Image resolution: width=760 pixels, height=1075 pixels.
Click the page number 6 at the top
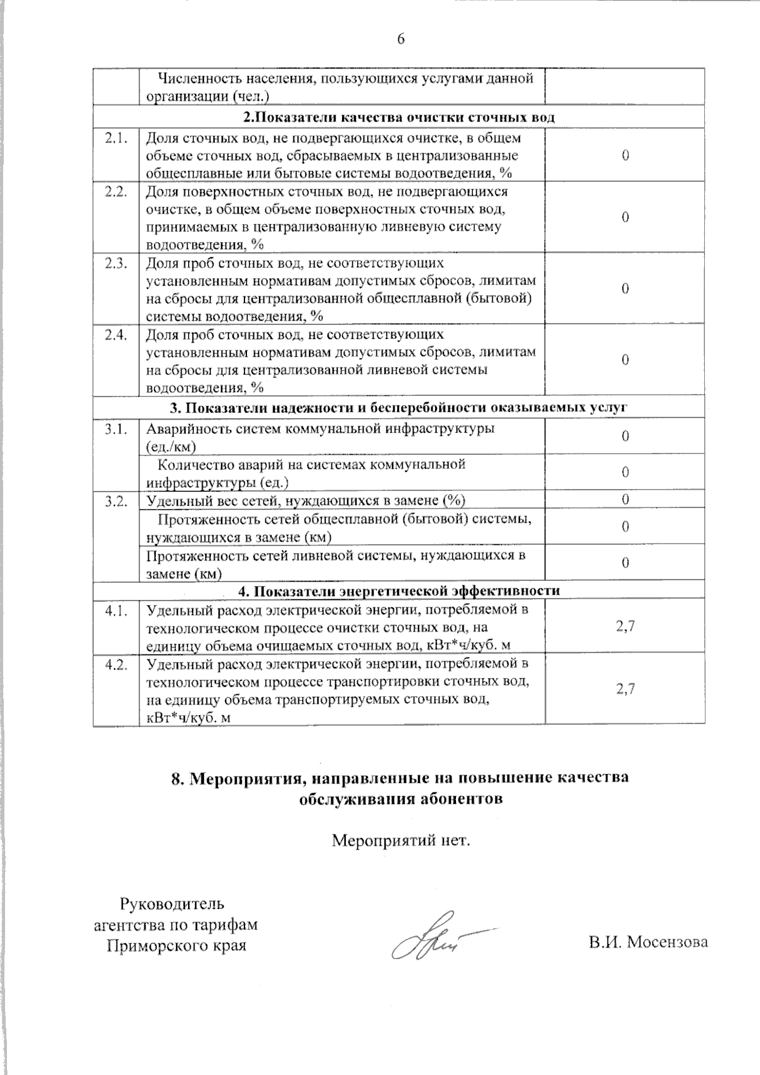(400, 39)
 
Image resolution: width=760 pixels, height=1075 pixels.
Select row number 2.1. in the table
(117, 138)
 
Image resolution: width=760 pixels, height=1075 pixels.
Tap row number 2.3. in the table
(117, 264)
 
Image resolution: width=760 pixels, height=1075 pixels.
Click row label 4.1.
(117, 611)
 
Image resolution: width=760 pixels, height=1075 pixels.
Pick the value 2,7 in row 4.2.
(625, 689)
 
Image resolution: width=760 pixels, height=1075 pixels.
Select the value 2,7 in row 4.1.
(625, 627)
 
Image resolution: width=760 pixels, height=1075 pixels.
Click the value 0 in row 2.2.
(625, 218)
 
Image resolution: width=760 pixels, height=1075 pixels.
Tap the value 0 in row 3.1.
(625, 436)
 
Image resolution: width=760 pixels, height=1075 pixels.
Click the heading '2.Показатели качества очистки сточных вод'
(399, 118)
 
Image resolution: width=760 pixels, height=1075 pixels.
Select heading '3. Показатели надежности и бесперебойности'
(399, 408)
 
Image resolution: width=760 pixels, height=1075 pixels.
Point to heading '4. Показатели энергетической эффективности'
(399, 591)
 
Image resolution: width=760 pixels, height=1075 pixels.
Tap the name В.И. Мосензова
(647, 942)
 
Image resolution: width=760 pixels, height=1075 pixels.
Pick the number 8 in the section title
(177, 778)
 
